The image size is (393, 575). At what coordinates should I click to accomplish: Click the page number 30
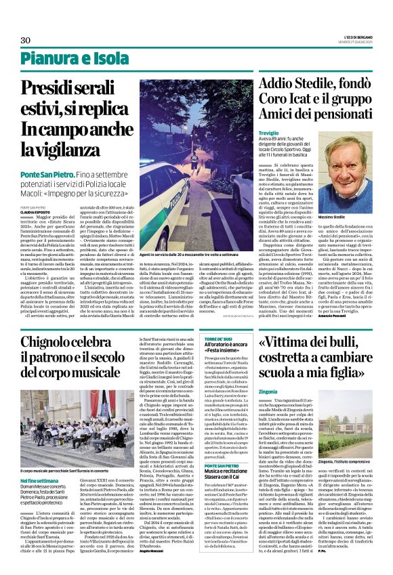point(26,40)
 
